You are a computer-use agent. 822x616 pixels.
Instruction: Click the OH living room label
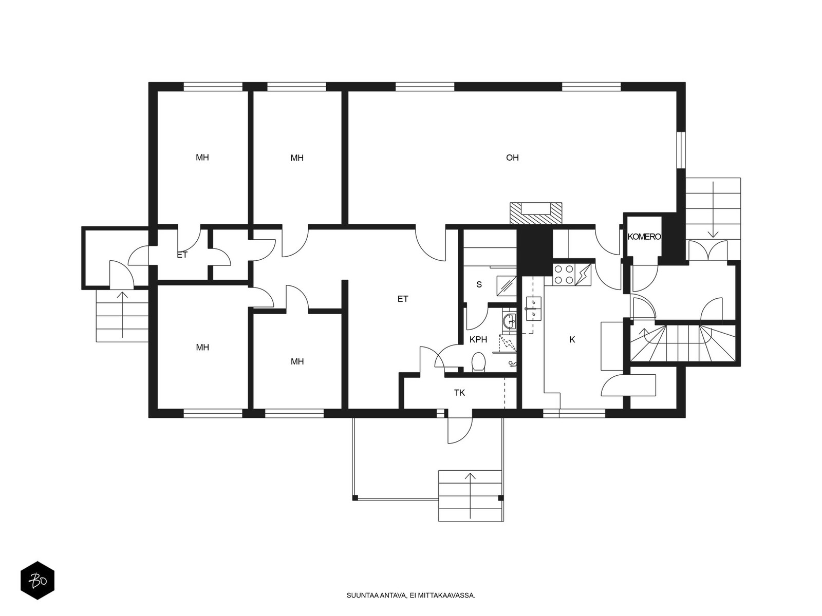click(512, 158)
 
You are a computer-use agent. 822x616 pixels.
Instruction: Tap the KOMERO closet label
click(644, 237)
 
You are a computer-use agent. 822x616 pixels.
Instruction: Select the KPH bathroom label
click(478, 340)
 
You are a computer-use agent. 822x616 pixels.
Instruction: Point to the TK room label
click(459, 393)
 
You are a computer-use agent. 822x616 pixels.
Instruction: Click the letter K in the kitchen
click(572, 340)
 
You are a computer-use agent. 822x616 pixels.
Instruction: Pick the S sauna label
click(479, 284)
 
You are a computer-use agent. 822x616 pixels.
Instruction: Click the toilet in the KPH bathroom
click(479, 362)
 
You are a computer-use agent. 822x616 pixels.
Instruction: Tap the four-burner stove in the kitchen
click(564, 275)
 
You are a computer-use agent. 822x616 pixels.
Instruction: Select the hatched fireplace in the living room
click(536, 214)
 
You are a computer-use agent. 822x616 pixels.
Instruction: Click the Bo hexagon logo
click(38, 581)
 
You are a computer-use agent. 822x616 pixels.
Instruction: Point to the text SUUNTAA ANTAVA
click(377, 595)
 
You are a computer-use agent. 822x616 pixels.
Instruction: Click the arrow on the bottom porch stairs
click(471, 495)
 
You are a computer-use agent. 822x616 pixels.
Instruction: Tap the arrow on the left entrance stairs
click(122, 315)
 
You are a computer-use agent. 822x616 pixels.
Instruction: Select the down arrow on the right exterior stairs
click(714, 209)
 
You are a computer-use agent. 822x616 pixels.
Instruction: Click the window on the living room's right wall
click(681, 150)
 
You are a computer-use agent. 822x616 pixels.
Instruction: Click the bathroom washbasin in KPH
click(509, 321)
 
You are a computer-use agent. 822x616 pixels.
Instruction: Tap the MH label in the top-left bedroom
click(202, 158)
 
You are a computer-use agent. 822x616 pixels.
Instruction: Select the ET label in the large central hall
click(403, 299)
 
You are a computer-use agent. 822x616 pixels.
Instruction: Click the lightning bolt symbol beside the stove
click(583, 275)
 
